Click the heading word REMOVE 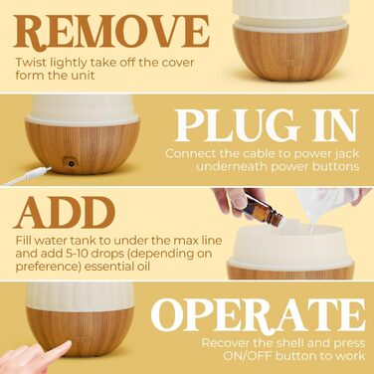(x=111, y=31)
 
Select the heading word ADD (x=65, y=213)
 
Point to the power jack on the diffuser (x=71, y=163)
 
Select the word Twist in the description (x=31, y=63)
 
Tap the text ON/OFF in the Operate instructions (x=248, y=356)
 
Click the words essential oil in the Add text (x=117, y=267)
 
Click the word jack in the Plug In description (x=346, y=154)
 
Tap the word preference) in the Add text (x=48, y=268)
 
